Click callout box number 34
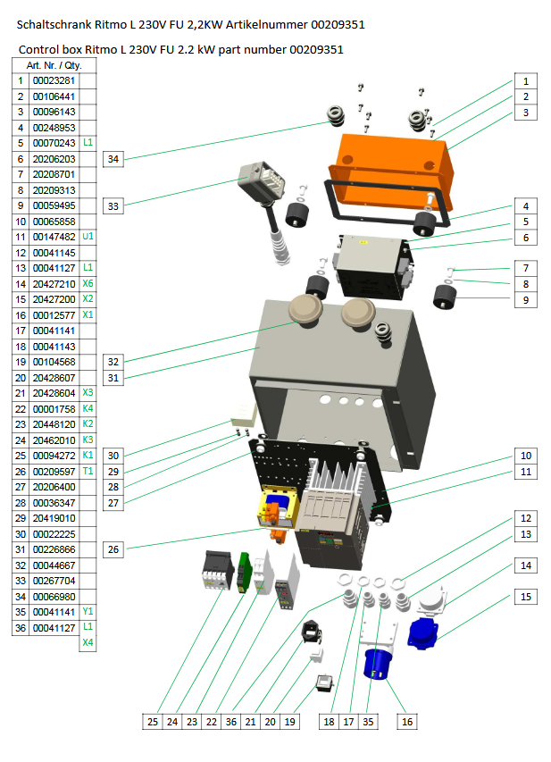click(x=113, y=159)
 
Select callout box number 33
click(x=113, y=205)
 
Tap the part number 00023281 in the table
click(x=54, y=80)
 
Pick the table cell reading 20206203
click(x=54, y=158)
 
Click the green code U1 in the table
click(x=88, y=237)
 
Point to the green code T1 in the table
click(x=88, y=471)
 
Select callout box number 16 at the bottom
click(x=407, y=721)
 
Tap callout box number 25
click(x=153, y=721)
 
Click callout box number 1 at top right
click(x=526, y=80)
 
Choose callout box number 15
click(x=526, y=596)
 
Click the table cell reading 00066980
click(x=54, y=596)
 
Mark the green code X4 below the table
click(x=88, y=642)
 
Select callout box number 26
click(x=113, y=548)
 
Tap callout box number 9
click(x=526, y=300)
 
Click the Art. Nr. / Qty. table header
click(x=54, y=65)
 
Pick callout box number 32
click(x=113, y=362)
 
